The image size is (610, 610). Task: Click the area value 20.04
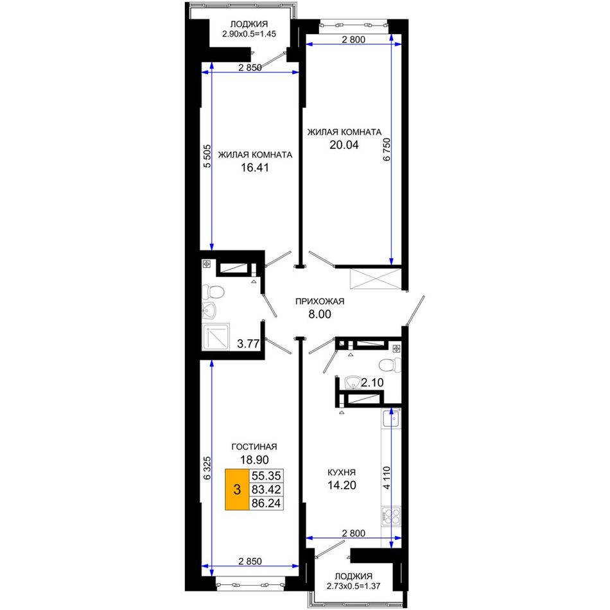pyautogui.click(x=344, y=144)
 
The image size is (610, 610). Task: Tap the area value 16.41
pyautogui.click(x=255, y=168)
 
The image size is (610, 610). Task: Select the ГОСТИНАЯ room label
pyautogui.click(x=254, y=447)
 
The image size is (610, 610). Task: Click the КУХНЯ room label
pyautogui.click(x=341, y=473)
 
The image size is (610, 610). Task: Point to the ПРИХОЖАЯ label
pyautogui.click(x=320, y=302)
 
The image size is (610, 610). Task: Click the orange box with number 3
pyautogui.click(x=238, y=489)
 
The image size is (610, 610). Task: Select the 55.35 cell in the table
pyautogui.click(x=266, y=476)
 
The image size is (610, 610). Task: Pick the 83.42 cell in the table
pyautogui.click(x=266, y=489)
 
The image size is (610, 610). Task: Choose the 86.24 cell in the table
pyautogui.click(x=266, y=503)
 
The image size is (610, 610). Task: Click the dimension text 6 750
pyautogui.click(x=387, y=150)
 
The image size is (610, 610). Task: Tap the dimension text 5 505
pyautogui.click(x=207, y=156)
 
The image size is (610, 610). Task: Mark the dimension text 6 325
pyautogui.click(x=207, y=467)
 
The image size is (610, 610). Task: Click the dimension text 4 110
pyautogui.click(x=387, y=478)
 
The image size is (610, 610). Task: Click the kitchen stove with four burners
pyautogui.click(x=391, y=516)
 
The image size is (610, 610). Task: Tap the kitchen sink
pyautogui.click(x=391, y=418)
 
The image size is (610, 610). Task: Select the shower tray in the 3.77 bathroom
pyautogui.click(x=216, y=337)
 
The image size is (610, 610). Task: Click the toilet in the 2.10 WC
pyautogui.click(x=389, y=365)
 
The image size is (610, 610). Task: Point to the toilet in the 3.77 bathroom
pyautogui.click(x=213, y=292)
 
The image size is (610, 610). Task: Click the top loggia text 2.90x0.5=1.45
pyautogui.click(x=249, y=34)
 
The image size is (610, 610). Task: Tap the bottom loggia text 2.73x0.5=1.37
pyautogui.click(x=353, y=586)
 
